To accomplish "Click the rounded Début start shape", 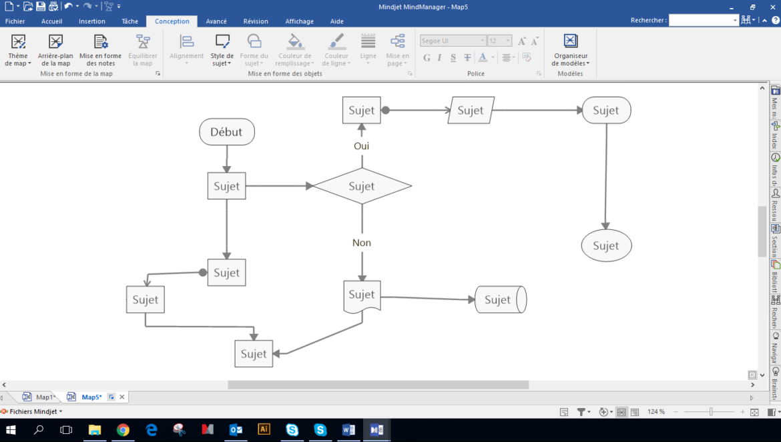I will [x=226, y=132].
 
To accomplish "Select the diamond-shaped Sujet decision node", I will [x=362, y=186].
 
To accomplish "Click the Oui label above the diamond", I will [x=361, y=146].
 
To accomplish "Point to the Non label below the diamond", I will [x=362, y=243].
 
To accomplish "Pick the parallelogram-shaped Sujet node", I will [x=471, y=111].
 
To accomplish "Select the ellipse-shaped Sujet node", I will [x=606, y=245].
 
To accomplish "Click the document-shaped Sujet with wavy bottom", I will [x=362, y=295].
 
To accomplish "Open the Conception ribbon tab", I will [x=172, y=21].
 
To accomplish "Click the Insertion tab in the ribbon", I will [x=92, y=21].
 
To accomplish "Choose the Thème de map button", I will [x=18, y=51].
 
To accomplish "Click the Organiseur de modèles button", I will [x=571, y=51].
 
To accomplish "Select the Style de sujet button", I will [x=222, y=51].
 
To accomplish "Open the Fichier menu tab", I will [x=15, y=21].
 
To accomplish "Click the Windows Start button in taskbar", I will [x=11, y=430].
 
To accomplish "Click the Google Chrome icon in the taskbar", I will [x=123, y=430].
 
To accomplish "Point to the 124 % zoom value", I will [x=656, y=412].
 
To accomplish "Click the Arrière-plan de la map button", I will [x=55, y=51].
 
